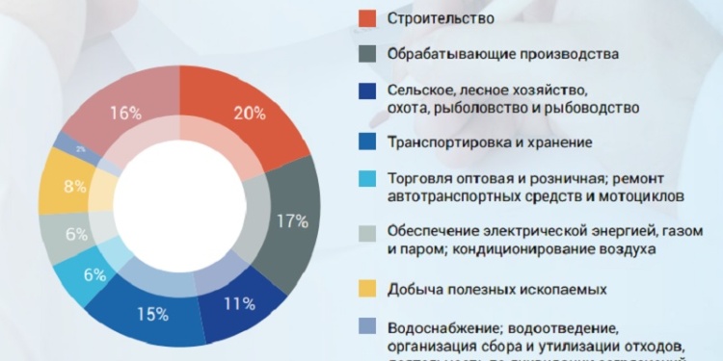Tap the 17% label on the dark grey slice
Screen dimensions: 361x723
292,221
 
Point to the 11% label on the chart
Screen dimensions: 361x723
240,304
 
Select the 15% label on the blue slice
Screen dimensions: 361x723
152,314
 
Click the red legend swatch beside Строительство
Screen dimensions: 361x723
367,17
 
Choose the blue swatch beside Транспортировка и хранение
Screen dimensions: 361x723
367,142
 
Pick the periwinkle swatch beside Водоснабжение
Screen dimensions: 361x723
367,325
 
